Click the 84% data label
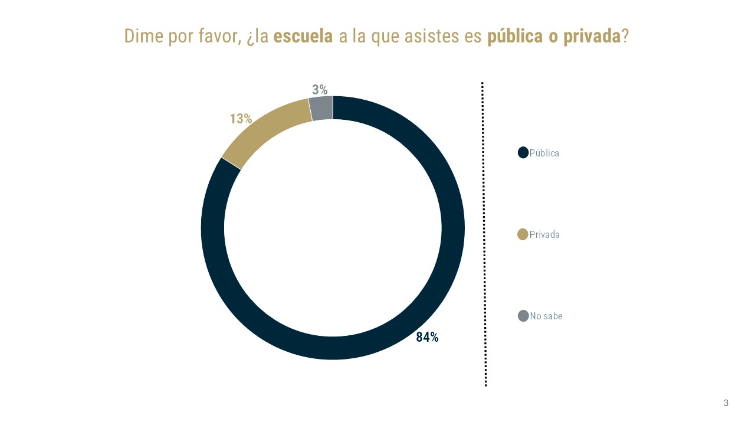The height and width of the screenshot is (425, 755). point(427,338)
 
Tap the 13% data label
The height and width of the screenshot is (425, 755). point(241,119)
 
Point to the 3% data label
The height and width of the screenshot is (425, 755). point(320,90)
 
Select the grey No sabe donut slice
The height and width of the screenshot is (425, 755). point(321,109)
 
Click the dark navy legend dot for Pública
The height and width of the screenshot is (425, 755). point(523,153)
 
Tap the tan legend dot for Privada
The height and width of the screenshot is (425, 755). point(523,234)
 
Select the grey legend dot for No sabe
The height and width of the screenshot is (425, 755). point(523,316)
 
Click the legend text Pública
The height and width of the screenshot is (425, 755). point(544,153)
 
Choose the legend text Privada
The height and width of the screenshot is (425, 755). point(544,234)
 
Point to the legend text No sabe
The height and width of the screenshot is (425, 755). point(546,316)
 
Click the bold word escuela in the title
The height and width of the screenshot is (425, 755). point(303,36)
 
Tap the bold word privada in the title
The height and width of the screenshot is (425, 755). point(592,36)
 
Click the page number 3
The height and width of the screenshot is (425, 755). point(726,403)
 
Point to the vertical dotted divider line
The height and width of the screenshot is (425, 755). point(484,236)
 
